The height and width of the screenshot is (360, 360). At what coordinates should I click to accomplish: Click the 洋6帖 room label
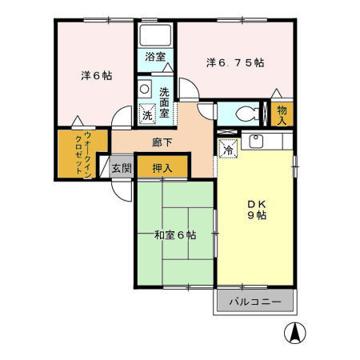point(95,76)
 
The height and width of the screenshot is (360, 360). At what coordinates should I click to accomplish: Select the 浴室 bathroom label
point(155,57)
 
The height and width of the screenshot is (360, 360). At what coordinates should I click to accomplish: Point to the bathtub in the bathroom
point(155,34)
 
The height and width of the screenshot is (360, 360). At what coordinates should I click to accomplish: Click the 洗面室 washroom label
point(165,102)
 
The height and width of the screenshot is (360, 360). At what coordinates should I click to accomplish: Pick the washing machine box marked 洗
point(147,114)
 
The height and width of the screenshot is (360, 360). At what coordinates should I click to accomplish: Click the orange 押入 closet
point(162,168)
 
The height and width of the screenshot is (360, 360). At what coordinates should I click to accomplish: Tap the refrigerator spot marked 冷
point(227,148)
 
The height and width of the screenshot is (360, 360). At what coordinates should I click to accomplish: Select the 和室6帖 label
point(175,234)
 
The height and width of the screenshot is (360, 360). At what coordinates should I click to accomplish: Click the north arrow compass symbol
point(295,331)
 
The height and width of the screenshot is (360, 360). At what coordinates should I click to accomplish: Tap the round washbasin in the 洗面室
point(145,89)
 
